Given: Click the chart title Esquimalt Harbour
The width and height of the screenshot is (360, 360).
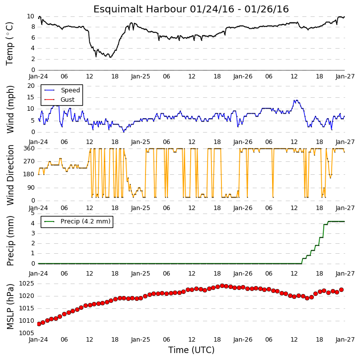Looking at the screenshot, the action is point(140,9).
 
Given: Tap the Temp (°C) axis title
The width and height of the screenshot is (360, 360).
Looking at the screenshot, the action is point(9,44).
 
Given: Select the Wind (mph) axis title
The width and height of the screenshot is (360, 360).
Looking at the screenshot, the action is point(10,109).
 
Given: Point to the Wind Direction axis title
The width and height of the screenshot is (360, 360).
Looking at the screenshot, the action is point(10,175).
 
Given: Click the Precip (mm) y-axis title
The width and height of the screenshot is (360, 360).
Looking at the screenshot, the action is point(10,241).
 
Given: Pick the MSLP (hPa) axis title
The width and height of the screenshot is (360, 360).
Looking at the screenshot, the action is point(10,306).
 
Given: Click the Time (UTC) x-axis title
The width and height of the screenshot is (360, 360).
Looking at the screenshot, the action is point(191,350).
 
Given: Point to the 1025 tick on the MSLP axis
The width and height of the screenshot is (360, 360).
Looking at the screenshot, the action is point(26,284).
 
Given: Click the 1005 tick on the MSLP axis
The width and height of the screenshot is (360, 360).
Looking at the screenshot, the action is point(26,333).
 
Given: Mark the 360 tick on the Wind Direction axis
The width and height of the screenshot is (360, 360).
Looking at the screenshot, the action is point(29,148).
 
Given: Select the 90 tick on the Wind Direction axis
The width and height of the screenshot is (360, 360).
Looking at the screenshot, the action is point(31,188).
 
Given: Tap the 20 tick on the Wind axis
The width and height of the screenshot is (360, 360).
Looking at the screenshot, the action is point(31,86).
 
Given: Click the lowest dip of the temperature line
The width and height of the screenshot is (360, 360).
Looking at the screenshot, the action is point(110,57).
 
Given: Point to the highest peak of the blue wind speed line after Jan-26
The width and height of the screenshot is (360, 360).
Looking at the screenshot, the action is point(296,100).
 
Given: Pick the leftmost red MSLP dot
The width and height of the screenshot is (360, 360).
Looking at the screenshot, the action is point(39,324).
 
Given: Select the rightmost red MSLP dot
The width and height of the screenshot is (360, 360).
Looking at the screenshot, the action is point(342,290).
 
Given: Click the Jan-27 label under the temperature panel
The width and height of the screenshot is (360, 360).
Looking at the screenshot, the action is point(345,76).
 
